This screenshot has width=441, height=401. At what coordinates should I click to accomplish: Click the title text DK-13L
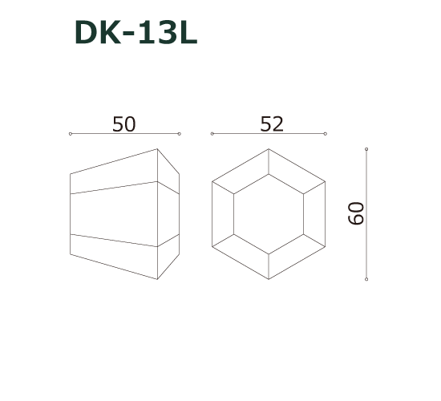click(135, 33)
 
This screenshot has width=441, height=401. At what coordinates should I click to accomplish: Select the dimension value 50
click(124, 124)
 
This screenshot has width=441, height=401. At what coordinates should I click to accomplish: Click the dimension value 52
click(272, 124)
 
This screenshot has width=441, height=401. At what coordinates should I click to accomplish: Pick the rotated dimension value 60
click(357, 213)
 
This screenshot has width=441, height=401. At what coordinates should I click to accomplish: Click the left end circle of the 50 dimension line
click(71, 133)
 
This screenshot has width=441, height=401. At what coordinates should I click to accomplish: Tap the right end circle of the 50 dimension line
click(180, 133)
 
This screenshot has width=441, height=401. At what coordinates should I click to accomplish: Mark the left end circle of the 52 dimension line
click(210, 133)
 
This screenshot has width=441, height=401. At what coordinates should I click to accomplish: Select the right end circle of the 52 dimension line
click(326, 133)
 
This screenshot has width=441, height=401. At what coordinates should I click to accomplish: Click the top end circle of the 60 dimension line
click(367, 149)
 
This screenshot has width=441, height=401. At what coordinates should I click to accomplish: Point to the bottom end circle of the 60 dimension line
click(367, 279)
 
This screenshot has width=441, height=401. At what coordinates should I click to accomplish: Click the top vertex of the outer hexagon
click(269, 149)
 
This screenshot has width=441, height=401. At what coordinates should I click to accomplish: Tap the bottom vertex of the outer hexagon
click(269, 279)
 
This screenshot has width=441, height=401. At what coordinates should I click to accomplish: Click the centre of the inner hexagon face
click(269, 214)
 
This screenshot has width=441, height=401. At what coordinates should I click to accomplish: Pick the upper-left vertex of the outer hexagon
click(212, 182)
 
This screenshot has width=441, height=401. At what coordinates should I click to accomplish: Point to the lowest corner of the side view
click(157, 280)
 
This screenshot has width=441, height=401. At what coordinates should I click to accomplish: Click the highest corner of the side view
click(157, 148)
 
